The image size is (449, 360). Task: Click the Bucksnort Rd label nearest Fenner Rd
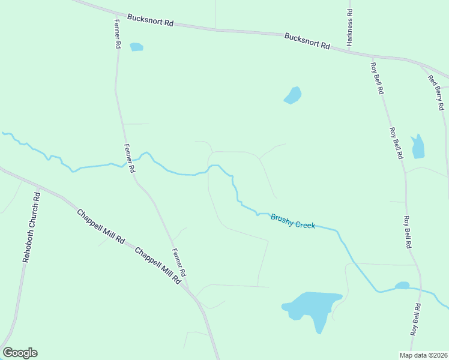pos(151,20)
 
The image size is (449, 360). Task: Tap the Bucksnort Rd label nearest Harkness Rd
pos(307,41)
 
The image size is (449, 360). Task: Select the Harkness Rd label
pos(349,28)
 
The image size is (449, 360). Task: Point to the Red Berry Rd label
pos(436,92)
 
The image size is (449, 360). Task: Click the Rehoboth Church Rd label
pos(31,227)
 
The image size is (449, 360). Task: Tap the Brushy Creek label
pos(292,221)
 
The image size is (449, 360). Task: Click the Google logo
pos(20,353)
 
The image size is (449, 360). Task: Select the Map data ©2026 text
pos(423,355)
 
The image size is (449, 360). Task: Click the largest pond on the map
pos(313,307)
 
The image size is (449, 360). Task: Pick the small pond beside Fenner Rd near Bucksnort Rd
pos(137,47)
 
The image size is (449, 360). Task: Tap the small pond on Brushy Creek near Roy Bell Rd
pos(402,286)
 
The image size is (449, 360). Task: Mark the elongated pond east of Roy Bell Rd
pos(418,146)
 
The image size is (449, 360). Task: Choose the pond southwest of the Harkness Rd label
pos(293,95)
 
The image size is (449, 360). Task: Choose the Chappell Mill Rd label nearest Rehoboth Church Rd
pos(100,226)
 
